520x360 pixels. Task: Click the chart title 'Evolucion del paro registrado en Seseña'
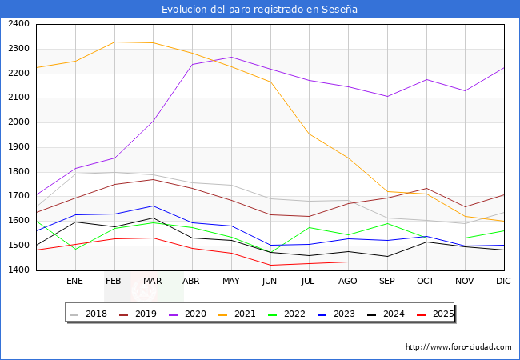click(259, 10)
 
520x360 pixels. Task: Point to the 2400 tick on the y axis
click(19, 24)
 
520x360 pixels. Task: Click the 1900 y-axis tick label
click(19, 147)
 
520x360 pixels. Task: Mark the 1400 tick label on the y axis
click(19, 270)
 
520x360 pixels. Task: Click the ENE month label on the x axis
click(74, 281)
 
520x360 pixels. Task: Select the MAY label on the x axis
click(230, 281)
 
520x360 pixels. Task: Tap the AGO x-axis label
click(348, 281)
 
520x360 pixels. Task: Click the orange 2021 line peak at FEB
click(114, 42)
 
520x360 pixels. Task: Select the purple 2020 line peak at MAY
click(230, 57)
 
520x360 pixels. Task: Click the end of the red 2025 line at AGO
click(348, 262)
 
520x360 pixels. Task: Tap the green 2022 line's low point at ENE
click(74, 250)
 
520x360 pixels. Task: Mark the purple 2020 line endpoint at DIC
click(504, 67)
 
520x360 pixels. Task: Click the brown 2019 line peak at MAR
click(153, 179)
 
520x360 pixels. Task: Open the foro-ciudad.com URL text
click(458, 347)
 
